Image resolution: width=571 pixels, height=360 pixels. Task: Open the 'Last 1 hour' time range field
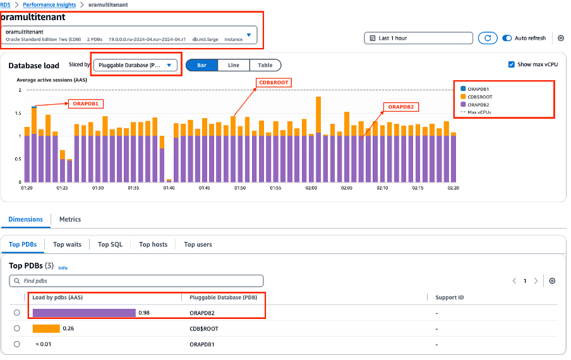pyautogui.click(x=418, y=38)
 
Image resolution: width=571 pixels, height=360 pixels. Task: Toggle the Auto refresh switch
pyautogui.click(x=507, y=38)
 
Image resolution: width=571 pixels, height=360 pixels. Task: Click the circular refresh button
pyautogui.click(x=487, y=38)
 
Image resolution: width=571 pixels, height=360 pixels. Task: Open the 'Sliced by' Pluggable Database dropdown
pyautogui.click(x=135, y=65)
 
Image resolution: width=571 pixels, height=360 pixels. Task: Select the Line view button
pyautogui.click(x=233, y=65)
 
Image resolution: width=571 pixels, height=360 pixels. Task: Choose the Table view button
pyautogui.click(x=265, y=65)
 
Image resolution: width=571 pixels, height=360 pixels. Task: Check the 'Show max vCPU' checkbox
pyautogui.click(x=512, y=64)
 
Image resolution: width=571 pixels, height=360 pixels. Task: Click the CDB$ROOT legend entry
pyautogui.click(x=479, y=97)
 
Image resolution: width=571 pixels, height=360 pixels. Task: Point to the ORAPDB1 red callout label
pyautogui.click(x=85, y=104)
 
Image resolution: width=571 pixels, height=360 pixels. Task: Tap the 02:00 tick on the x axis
pyautogui.click(x=311, y=188)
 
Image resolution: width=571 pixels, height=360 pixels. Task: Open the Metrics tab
pyautogui.click(x=69, y=219)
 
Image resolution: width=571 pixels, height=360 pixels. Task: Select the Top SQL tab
pyautogui.click(x=110, y=244)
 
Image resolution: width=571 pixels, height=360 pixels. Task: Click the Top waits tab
pyautogui.click(x=67, y=244)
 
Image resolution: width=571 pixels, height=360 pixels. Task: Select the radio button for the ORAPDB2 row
pyautogui.click(x=17, y=313)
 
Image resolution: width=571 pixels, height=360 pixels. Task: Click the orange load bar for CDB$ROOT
pyautogui.click(x=46, y=328)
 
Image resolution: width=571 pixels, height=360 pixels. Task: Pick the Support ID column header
pyautogui.click(x=450, y=297)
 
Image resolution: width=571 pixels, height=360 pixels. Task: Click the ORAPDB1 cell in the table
pyautogui.click(x=202, y=344)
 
